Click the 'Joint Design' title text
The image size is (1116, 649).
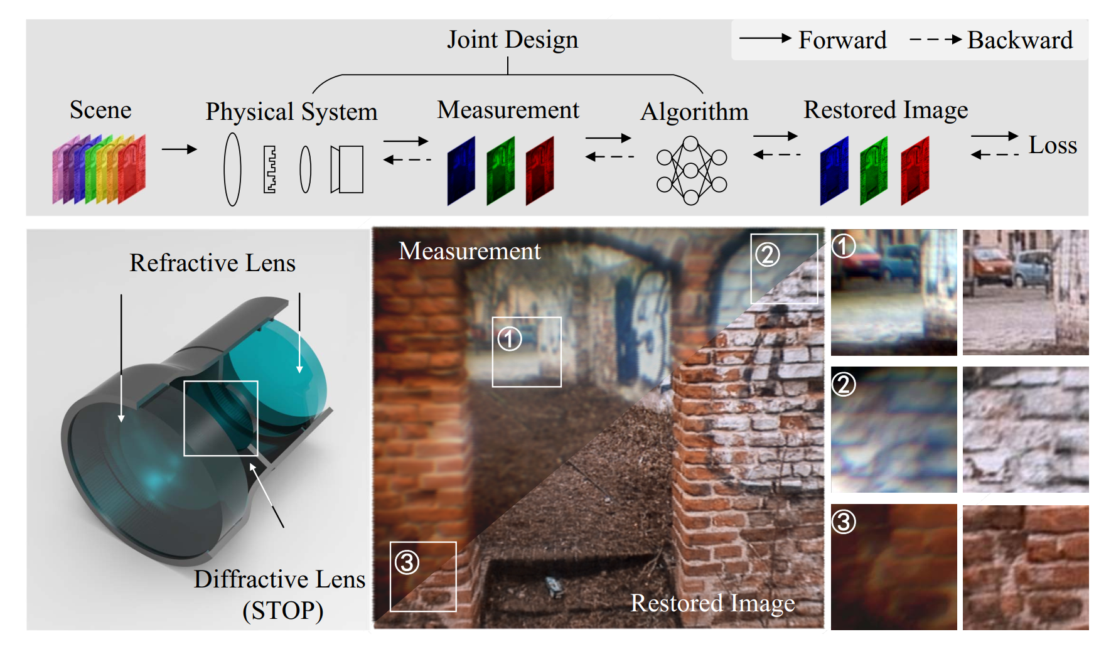[x=512, y=40]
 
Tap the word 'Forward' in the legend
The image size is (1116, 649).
[x=842, y=40]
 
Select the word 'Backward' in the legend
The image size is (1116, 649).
[x=1020, y=40]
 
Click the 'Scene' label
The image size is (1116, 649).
[x=100, y=110]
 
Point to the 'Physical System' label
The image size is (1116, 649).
[x=292, y=112]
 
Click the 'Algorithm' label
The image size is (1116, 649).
[x=694, y=112]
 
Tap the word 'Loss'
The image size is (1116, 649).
[x=1053, y=145]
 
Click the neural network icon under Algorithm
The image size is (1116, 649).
[x=691, y=170]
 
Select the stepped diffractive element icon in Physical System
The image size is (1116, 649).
[x=270, y=169]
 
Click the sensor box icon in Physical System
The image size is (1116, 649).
[x=347, y=169]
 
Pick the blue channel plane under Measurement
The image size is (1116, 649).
[x=461, y=171]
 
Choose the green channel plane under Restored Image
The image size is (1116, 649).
[x=874, y=171]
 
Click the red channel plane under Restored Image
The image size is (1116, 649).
[x=915, y=171]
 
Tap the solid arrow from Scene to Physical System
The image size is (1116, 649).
[x=180, y=149]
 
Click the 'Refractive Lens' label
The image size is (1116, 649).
[x=212, y=263]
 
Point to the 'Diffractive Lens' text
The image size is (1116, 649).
[x=279, y=579]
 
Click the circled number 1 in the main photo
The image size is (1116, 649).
[x=510, y=340]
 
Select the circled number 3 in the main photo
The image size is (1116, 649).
[x=407, y=562]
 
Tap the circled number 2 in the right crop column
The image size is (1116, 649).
[x=844, y=384]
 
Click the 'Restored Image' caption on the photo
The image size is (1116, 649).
[x=712, y=604]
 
